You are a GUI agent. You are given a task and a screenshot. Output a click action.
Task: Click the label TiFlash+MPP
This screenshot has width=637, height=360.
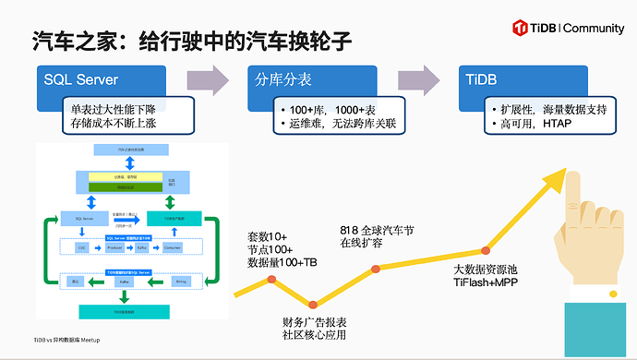(x=490, y=283)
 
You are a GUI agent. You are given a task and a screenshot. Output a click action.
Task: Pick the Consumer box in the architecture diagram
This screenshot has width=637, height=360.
(x=183, y=248)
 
